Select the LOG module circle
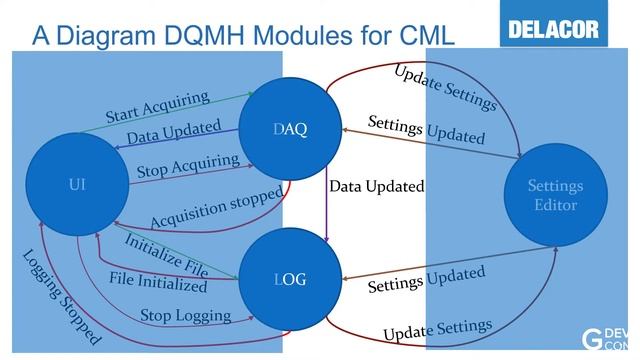tap(289, 280)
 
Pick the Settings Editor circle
tap(555, 195)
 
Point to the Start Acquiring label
tap(157, 108)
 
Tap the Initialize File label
tap(165, 254)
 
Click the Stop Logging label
tap(185, 316)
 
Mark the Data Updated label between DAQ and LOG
tap(376, 187)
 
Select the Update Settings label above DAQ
tap(444, 88)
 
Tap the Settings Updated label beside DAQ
tap(426, 130)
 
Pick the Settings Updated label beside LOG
tap(426, 280)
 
